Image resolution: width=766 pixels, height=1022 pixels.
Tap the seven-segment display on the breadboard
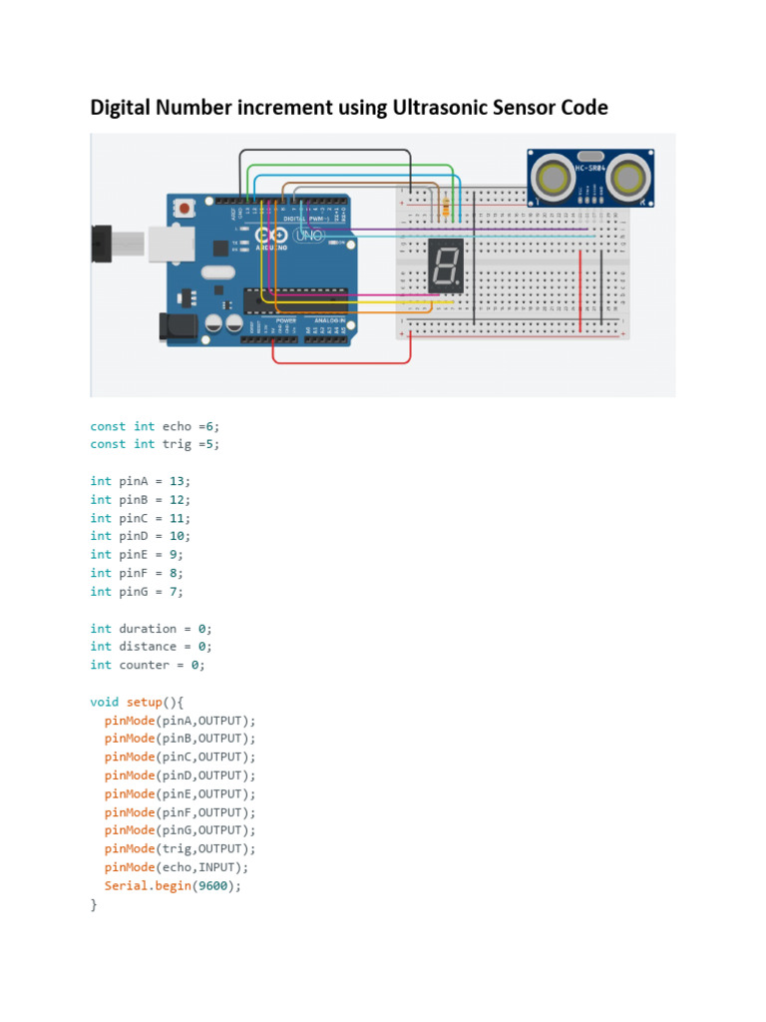click(x=445, y=265)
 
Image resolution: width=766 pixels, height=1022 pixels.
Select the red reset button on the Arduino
click(x=185, y=209)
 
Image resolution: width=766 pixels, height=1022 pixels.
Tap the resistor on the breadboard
click(x=445, y=208)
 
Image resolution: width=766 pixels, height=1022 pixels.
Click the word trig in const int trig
click(x=177, y=444)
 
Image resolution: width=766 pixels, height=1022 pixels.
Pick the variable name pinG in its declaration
click(x=133, y=592)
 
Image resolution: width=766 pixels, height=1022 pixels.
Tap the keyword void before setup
click(x=104, y=702)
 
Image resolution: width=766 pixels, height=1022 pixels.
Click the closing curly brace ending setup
click(x=94, y=904)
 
